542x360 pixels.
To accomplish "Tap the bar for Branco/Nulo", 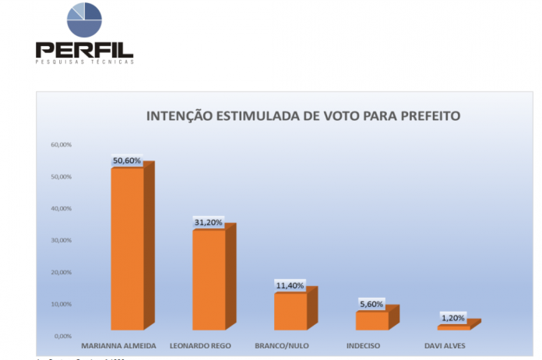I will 290,311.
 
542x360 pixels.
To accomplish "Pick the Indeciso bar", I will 372,319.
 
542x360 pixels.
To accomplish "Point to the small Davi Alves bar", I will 453,326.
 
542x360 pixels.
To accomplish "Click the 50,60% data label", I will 127,161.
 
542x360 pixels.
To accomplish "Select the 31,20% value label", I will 209,223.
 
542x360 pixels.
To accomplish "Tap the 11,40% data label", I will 290,286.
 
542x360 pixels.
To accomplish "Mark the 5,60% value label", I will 371,304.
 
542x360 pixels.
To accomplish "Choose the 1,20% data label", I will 453,318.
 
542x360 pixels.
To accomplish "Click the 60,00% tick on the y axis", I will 62,145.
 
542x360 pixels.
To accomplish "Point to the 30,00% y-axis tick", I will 62,240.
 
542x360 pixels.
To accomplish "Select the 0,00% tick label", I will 63,336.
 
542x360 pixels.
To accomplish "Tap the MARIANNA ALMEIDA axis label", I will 119,344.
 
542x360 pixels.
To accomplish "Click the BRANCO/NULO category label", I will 283,344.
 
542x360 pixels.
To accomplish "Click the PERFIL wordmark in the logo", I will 84,50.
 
